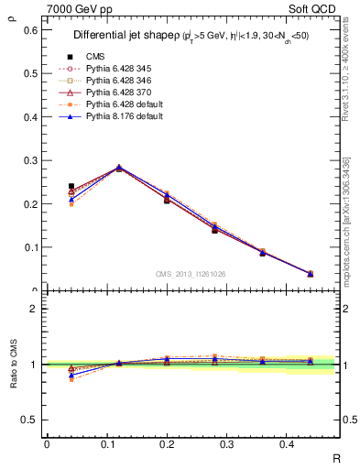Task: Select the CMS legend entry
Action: (x=95, y=56)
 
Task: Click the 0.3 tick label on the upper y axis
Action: (x=29, y=160)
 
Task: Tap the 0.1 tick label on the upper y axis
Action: (x=29, y=247)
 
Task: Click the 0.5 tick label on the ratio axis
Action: (x=29, y=420)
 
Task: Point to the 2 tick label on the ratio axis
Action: (x=33, y=309)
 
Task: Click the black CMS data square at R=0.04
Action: (x=71, y=187)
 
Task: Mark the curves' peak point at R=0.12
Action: (x=119, y=168)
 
